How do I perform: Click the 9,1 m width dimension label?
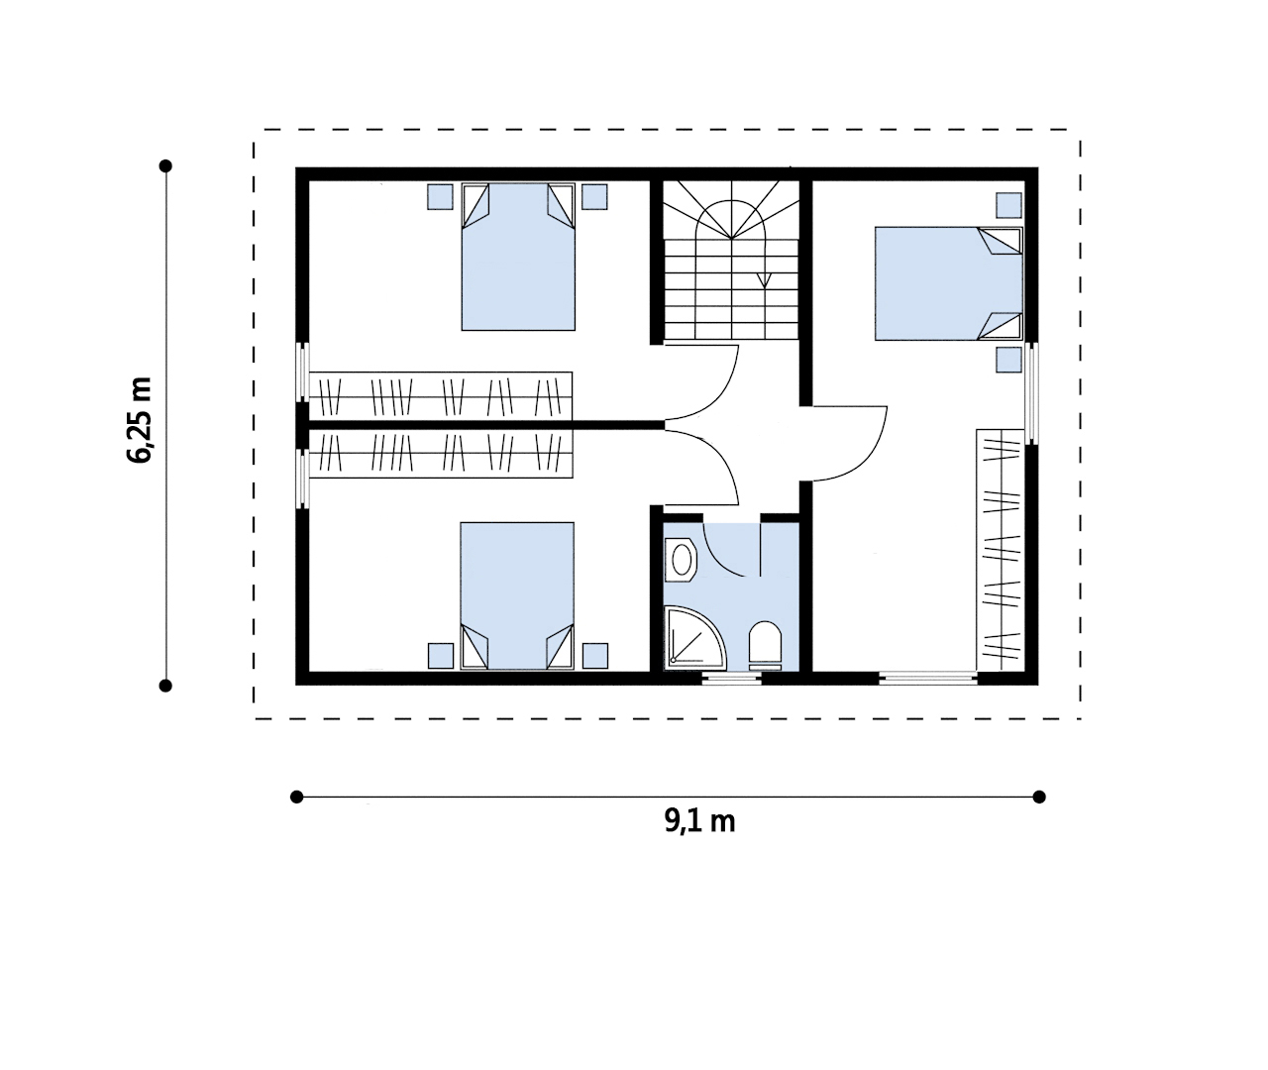[x=699, y=822]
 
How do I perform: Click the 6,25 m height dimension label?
[x=140, y=420]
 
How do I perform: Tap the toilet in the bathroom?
[x=765, y=646]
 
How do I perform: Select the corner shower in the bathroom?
[x=693, y=638]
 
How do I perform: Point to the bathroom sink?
[x=681, y=560]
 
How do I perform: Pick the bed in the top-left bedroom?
[x=518, y=257]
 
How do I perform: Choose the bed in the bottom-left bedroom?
[x=517, y=595]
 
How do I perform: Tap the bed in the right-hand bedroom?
[x=949, y=283]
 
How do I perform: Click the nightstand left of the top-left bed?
[x=440, y=197]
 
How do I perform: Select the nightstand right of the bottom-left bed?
[x=595, y=656]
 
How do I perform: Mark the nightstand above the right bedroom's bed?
[x=1008, y=205]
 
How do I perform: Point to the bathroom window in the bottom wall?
[x=731, y=679]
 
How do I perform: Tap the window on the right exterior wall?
[x=1031, y=393]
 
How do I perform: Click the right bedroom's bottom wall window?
[x=928, y=678]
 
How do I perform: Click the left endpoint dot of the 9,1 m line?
[x=296, y=797]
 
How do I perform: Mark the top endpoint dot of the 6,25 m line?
[x=165, y=165]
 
